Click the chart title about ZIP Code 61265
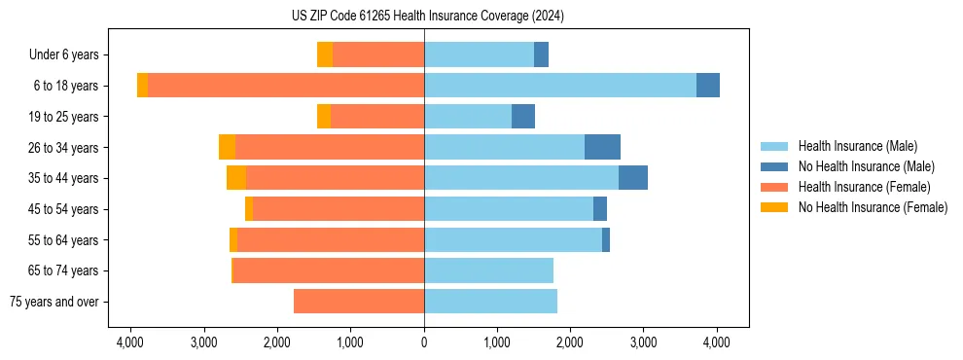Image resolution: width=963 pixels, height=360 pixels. [x=424, y=17]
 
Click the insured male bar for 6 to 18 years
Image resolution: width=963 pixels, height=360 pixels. [x=559, y=86]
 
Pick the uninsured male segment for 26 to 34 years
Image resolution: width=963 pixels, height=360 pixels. [x=602, y=147]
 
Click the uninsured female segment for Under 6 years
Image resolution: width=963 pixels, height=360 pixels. [x=325, y=54]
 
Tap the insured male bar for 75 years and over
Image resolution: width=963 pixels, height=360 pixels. [x=490, y=302]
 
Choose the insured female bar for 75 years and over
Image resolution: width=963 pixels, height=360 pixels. [x=359, y=302]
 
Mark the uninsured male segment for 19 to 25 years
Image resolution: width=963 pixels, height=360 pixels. [x=523, y=117]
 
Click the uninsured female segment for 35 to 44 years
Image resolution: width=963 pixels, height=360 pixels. [x=236, y=178]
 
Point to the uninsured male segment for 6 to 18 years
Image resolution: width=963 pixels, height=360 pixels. [x=708, y=86]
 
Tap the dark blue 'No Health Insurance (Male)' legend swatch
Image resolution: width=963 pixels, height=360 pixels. [x=774, y=166]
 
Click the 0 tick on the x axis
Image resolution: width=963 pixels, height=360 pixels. [x=424, y=342]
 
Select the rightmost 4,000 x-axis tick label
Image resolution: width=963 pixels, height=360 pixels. [x=717, y=342]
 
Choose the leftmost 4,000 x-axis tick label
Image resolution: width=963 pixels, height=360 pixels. [x=131, y=342]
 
